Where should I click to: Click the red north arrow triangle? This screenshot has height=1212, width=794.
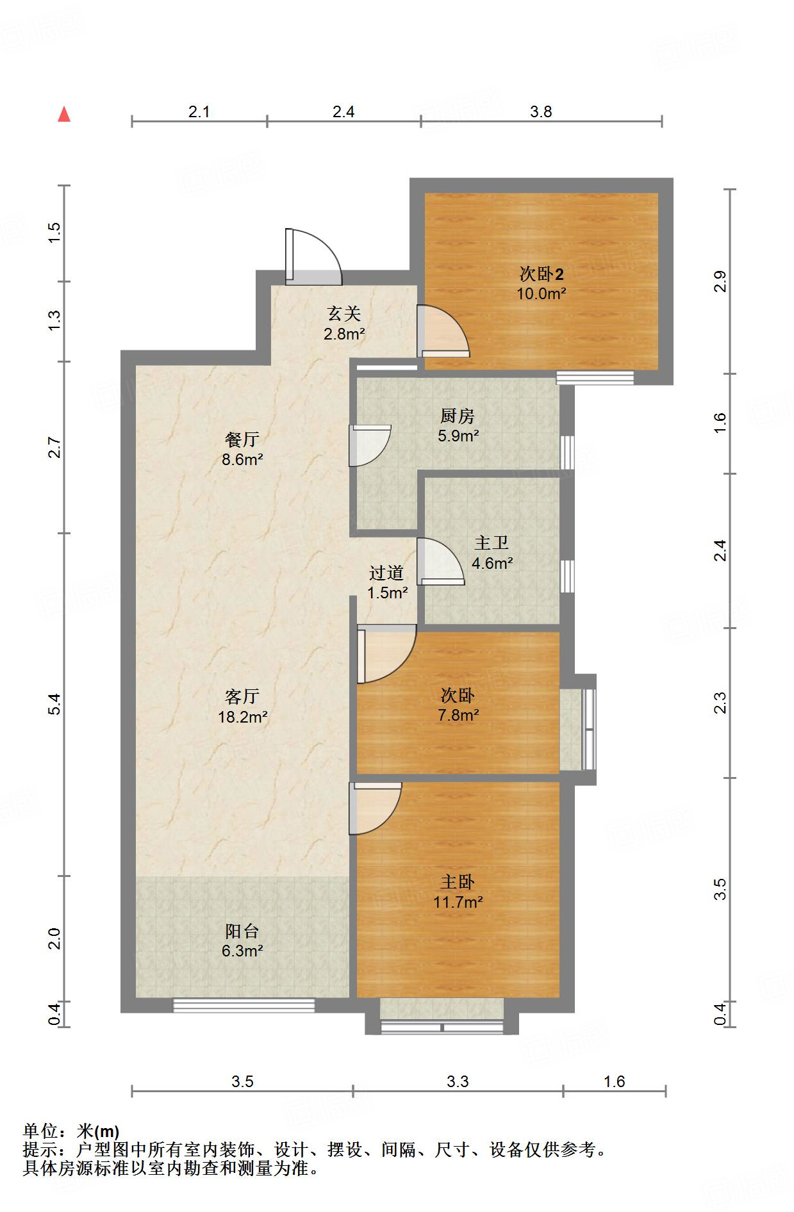tap(64, 114)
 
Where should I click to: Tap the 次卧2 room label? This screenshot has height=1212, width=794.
tap(542, 274)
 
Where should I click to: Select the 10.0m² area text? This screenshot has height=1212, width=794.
tap(542, 294)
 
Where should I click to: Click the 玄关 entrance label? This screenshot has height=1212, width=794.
tap(344, 313)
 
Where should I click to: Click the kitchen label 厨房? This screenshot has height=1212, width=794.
tap(458, 416)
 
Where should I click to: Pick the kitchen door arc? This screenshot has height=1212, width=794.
tap(370, 445)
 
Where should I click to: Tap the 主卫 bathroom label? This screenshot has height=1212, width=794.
tap(492, 543)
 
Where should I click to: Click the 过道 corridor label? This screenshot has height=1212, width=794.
tap(386, 573)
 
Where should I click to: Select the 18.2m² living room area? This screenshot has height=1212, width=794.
tap(243, 717)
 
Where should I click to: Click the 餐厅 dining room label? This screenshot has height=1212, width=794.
tap(242, 439)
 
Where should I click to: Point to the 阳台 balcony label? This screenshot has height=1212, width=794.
tap(242, 931)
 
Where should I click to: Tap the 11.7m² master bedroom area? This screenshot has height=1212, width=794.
tap(458, 902)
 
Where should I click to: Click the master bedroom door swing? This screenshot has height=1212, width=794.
tap(376, 808)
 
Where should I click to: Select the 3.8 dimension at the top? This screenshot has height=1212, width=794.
tap(541, 112)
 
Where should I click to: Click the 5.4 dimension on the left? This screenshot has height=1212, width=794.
tap(55, 704)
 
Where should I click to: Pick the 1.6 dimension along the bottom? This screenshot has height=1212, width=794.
tap(614, 1082)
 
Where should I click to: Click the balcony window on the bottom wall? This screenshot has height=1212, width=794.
tap(244, 1006)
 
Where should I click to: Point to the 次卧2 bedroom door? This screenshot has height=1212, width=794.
tap(443, 331)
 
